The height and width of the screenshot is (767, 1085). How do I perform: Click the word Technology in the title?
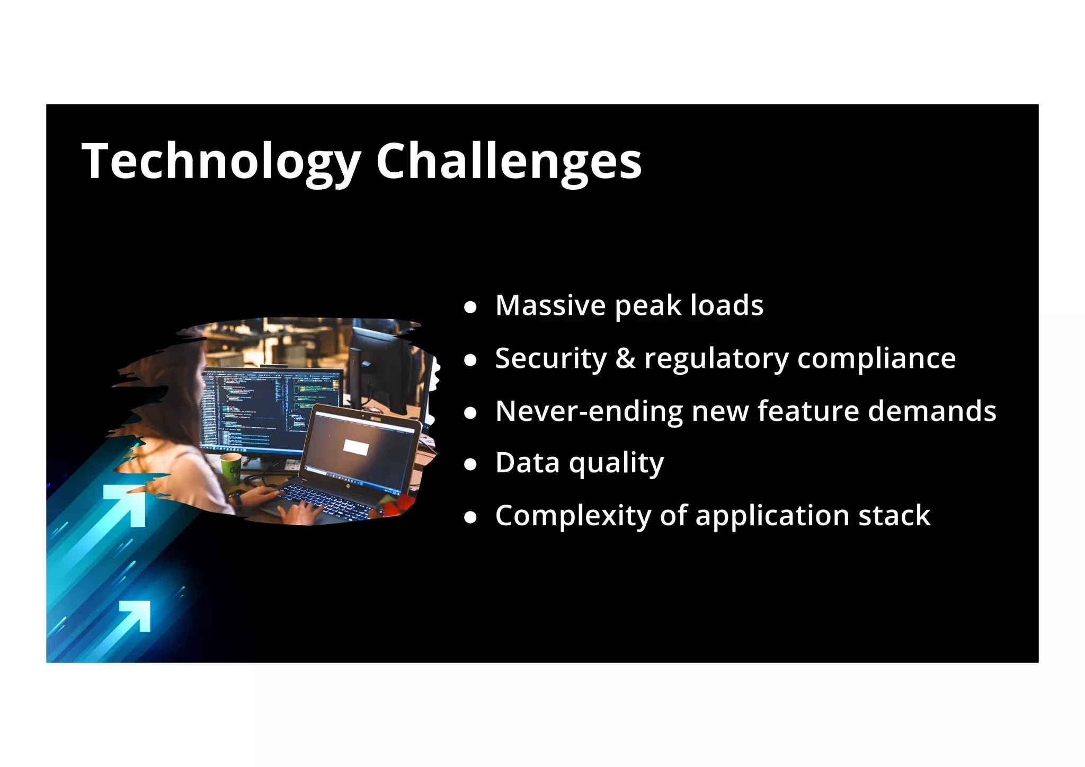[x=221, y=161]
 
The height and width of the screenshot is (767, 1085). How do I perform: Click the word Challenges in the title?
[x=509, y=161]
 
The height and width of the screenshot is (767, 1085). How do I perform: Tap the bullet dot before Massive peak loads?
[x=470, y=307]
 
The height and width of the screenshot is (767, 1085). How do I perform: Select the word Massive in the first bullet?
[x=550, y=305]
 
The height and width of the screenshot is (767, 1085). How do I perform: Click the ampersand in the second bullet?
[x=625, y=358]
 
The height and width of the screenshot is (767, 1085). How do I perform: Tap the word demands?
[x=932, y=411]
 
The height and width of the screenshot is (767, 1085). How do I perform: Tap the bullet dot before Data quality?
[x=470, y=465]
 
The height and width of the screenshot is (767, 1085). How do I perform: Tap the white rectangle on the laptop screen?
[x=355, y=446]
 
